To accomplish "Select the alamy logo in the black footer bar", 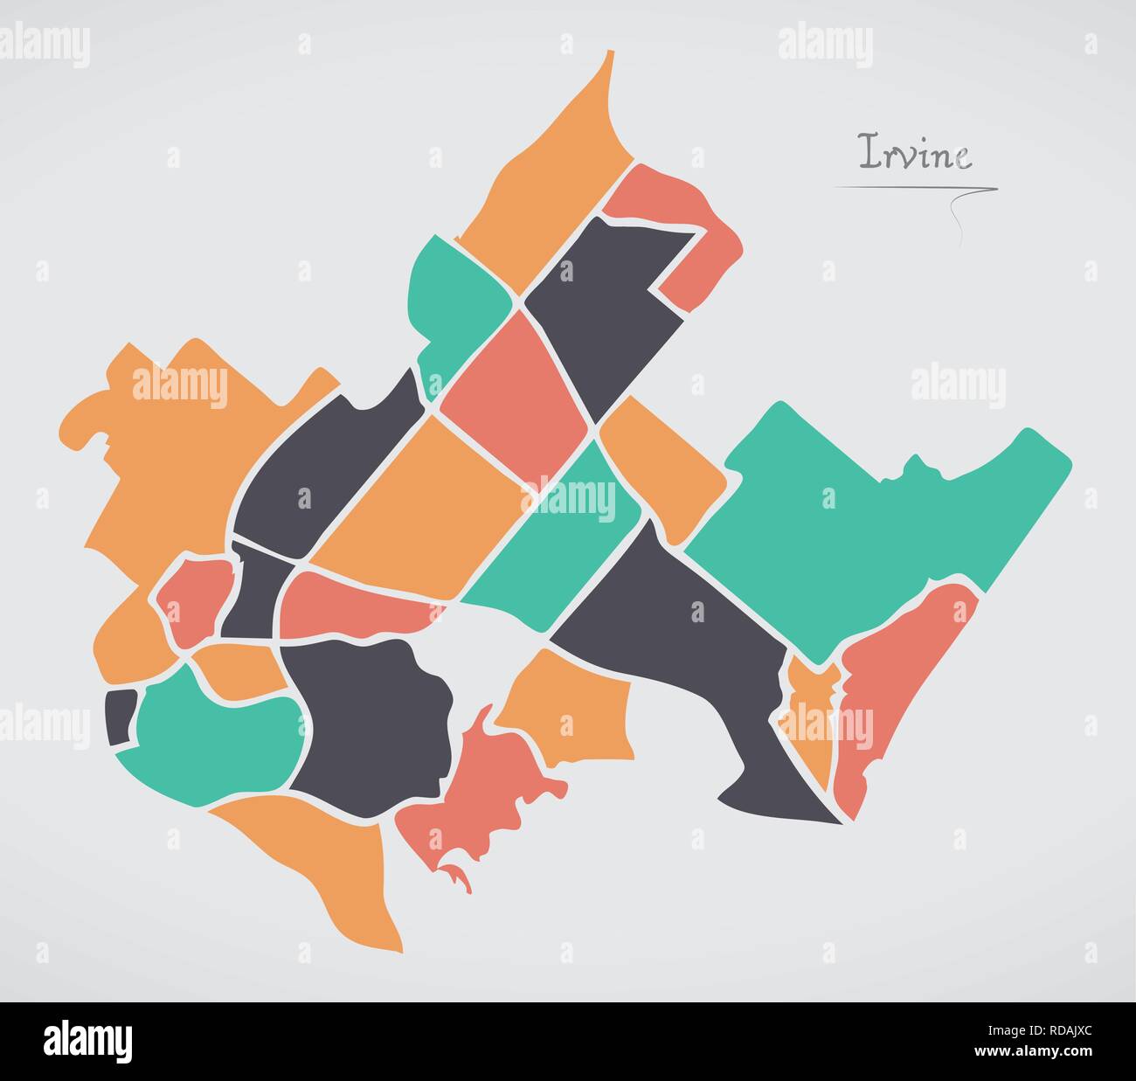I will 87,1041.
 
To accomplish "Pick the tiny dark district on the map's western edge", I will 121,715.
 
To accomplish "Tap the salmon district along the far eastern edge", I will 900,690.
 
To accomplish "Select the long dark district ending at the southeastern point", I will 699,647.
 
